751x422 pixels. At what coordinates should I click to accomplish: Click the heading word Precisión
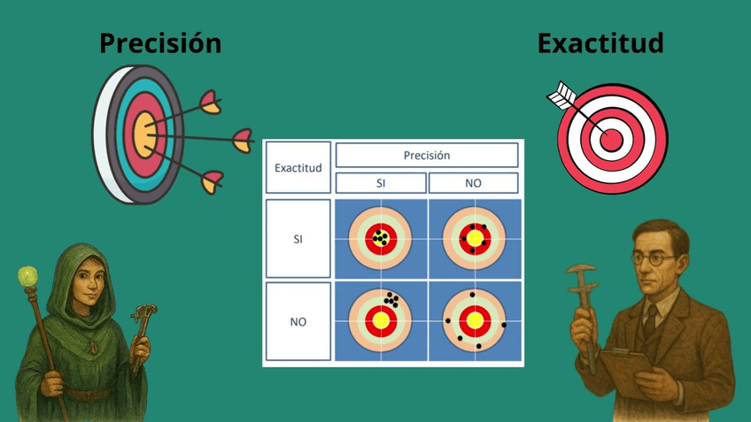coord(159,42)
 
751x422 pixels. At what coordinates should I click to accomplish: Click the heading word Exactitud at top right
coord(600,42)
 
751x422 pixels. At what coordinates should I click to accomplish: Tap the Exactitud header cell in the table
coord(298,167)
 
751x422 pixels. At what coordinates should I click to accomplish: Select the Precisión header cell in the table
coord(426,156)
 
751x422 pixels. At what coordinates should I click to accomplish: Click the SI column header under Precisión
coord(380,183)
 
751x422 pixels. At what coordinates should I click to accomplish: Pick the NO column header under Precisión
coord(473,183)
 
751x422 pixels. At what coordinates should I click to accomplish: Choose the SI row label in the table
coord(298,239)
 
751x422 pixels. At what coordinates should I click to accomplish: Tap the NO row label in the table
coord(298,321)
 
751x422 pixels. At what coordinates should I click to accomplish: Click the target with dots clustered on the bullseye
coord(381,239)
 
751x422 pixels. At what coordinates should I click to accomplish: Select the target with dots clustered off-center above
coord(381,319)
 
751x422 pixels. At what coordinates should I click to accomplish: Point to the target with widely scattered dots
coord(474,319)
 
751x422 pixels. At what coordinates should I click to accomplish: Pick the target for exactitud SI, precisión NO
coord(474,239)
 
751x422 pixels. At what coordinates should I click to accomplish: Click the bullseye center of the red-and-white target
coord(610,138)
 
